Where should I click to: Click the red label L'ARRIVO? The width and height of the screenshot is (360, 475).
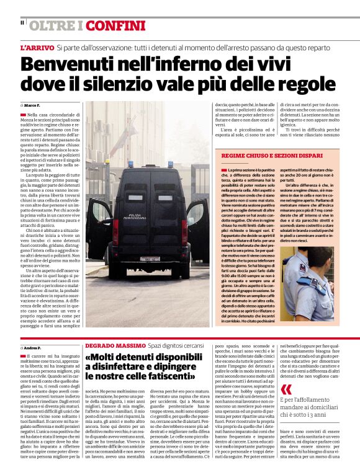[36, 48]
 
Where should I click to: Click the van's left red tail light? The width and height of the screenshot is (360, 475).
[115, 231]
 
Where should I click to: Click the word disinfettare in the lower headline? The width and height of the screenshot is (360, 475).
[122, 366]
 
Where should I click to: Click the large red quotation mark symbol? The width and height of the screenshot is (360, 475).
[286, 389]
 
